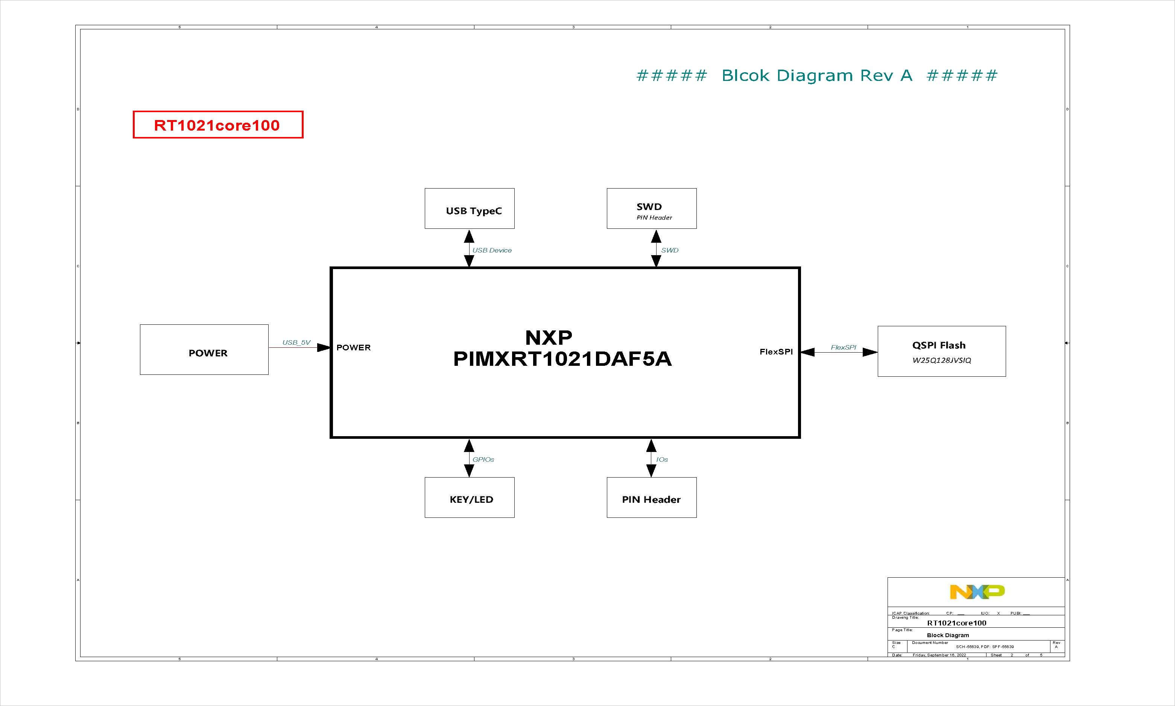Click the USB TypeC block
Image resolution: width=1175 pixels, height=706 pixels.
[x=469, y=208]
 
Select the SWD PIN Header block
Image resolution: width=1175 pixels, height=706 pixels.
[x=651, y=208]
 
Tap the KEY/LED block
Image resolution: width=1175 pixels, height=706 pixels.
[x=469, y=498]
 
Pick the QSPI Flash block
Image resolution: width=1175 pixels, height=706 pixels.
[x=941, y=351]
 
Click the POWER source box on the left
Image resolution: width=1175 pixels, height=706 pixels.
[x=204, y=350]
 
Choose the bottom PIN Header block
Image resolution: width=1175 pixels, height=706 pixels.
[x=651, y=498]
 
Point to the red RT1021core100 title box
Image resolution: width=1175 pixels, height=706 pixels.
[x=218, y=125]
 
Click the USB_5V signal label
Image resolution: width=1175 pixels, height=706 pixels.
[x=296, y=342]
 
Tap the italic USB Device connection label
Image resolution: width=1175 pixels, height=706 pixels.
[x=492, y=250]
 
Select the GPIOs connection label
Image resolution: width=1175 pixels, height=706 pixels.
[x=483, y=460]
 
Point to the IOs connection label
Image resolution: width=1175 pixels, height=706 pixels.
[x=662, y=460]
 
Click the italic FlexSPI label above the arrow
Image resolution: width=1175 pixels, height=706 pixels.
[x=843, y=347]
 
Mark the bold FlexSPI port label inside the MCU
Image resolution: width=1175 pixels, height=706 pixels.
[x=776, y=351]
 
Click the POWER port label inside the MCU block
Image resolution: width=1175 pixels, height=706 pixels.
[x=353, y=348]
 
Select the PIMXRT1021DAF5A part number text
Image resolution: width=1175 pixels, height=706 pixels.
[x=562, y=359]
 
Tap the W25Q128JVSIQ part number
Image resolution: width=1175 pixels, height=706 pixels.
[x=941, y=360]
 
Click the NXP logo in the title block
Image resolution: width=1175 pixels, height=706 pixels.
[x=977, y=592]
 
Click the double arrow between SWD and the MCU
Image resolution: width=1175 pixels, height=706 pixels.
[x=656, y=248]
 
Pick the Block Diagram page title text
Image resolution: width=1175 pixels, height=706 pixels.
[x=948, y=635]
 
